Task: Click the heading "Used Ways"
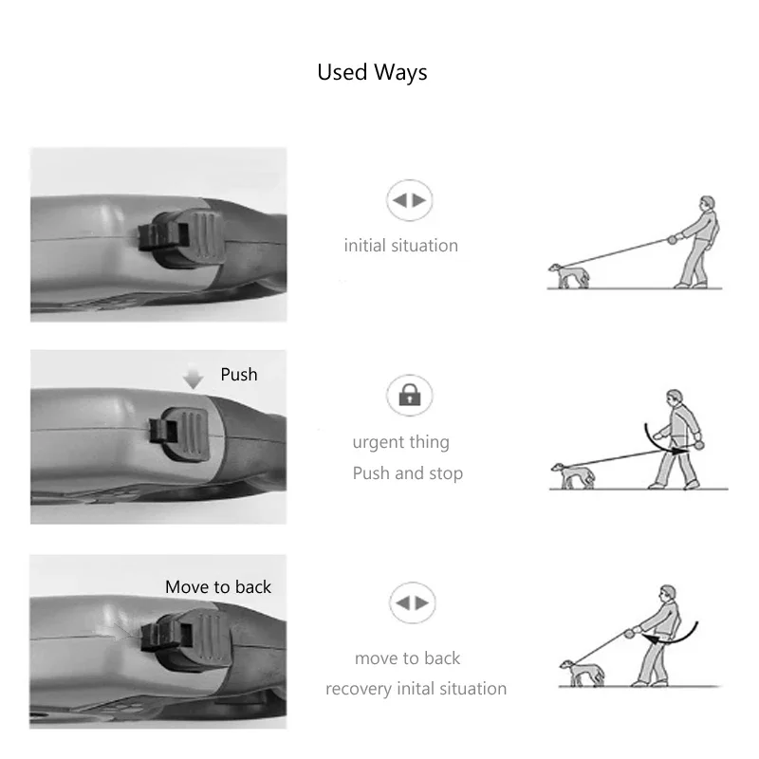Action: (372, 73)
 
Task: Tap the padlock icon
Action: (410, 395)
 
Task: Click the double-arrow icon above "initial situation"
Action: (410, 201)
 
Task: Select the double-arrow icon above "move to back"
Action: (412, 603)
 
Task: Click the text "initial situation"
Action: (400, 246)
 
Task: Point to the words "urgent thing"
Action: (400, 442)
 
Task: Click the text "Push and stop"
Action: (407, 473)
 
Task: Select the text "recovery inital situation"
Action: (416, 689)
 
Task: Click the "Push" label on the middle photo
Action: (239, 375)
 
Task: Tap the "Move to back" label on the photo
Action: (218, 587)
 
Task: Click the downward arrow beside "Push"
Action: (194, 379)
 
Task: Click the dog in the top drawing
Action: (569, 276)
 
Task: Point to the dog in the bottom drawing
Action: (579, 673)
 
